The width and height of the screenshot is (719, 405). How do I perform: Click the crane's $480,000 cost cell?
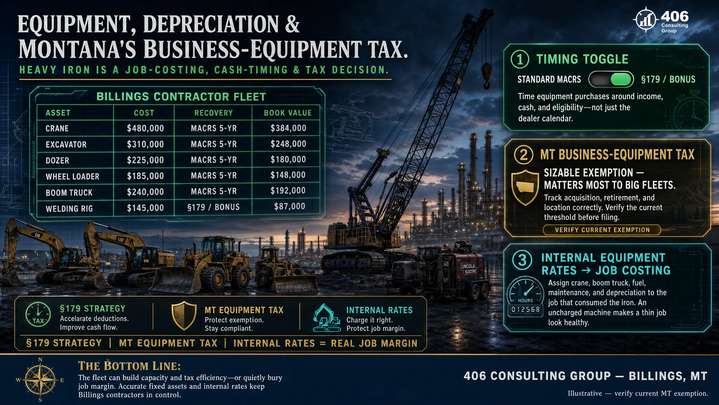pyautogui.click(x=145, y=128)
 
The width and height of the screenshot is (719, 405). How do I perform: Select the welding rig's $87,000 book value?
pyautogui.click(x=290, y=206)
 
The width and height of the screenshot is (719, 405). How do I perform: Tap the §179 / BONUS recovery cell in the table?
pyautogui.click(x=213, y=207)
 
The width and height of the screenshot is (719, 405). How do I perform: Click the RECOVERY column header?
pyautogui.click(x=213, y=113)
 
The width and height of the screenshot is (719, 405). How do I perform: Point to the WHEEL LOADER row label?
pyautogui.click(x=72, y=176)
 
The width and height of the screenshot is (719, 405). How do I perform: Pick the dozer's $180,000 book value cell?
pyautogui.click(x=288, y=159)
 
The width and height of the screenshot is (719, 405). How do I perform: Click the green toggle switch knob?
pyautogui.click(x=621, y=79)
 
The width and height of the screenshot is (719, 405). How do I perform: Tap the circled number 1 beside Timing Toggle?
pyautogui.click(x=520, y=59)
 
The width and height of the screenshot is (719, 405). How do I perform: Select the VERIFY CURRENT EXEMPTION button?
pyautogui.click(x=602, y=230)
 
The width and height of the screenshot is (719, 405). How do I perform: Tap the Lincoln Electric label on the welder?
pyautogui.click(x=469, y=269)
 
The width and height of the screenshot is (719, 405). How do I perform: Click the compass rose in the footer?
pyautogui.click(x=40, y=380)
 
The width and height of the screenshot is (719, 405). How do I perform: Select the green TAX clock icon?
pyautogui.click(x=38, y=314)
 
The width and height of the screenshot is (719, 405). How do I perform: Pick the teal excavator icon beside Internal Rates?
pyautogui.click(x=327, y=318)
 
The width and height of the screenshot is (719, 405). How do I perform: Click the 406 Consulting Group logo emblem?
pyautogui.click(x=646, y=20)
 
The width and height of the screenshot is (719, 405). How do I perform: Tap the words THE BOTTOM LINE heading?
pyautogui.click(x=129, y=366)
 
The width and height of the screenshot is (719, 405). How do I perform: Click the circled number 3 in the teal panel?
pyautogui.click(x=522, y=260)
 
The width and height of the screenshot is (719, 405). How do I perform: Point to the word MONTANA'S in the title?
pyautogui.click(x=78, y=49)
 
